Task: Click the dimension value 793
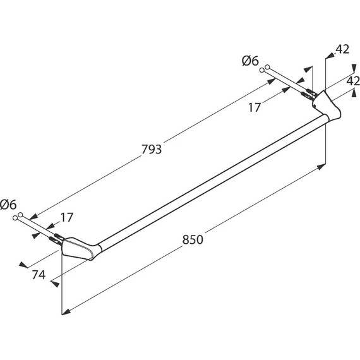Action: click(152, 149)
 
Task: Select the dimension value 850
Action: click(193, 239)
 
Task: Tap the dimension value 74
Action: click(39, 275)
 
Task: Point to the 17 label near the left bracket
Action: click(67, 217)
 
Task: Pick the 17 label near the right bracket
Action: click(255, 107)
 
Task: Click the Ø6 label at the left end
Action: click(8, 205)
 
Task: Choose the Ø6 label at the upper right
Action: click(250, 61)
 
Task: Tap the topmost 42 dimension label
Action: click(342, 49)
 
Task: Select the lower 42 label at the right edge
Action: click(353, 81)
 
